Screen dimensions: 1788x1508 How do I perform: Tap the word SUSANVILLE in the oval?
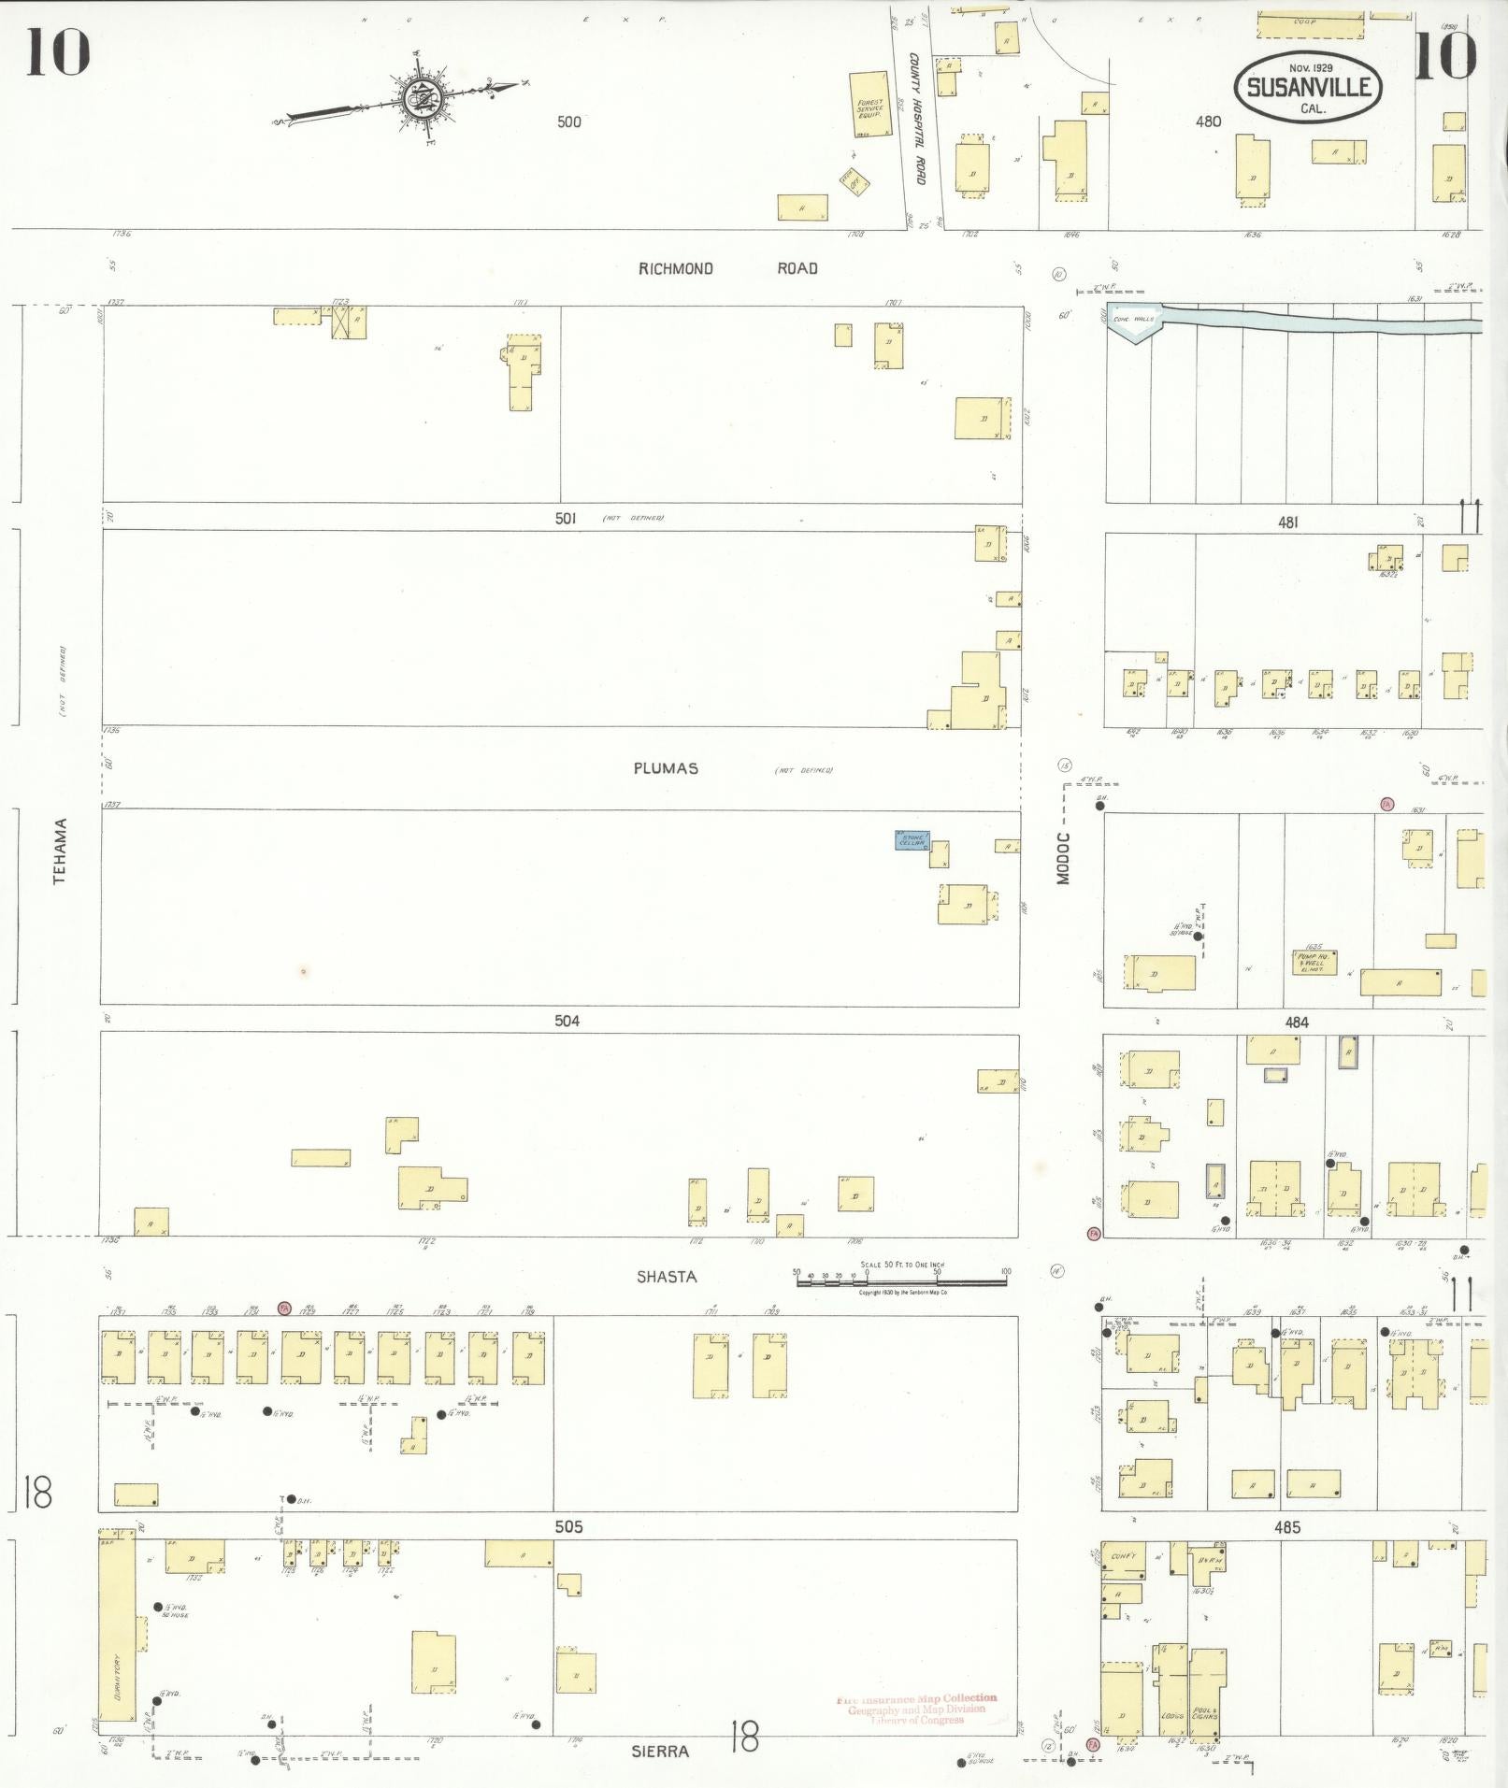pyautogui.click(x=1308, y=88)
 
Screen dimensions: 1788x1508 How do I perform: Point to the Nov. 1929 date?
pyautogui.click(x=1310, y=67)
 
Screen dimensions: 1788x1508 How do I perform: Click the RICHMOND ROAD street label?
pyautogui.click(x=727, y=269)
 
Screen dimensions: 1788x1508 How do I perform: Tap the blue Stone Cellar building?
pyautogui.click(x=912, y=840)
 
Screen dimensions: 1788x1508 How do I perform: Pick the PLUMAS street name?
pyautogui.click(x=666, y=768)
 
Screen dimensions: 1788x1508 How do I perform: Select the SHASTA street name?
pyautogui.click(x=666, y=1277)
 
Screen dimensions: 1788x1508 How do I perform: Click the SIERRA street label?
pyautogui.click(x=667, y=1751)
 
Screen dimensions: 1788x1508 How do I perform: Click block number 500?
pyautogui.click(x=568, y=122)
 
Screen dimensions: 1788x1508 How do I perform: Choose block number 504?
pyautogui.click(x=567, y=1021)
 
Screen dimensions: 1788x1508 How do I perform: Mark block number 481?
pyautogui.click(x=1288, y=523)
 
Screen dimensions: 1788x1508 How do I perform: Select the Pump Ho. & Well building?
pyautogui.click(x=1314, y=962)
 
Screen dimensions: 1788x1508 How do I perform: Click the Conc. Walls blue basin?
pyautogui.click(x=1135, y=320)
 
